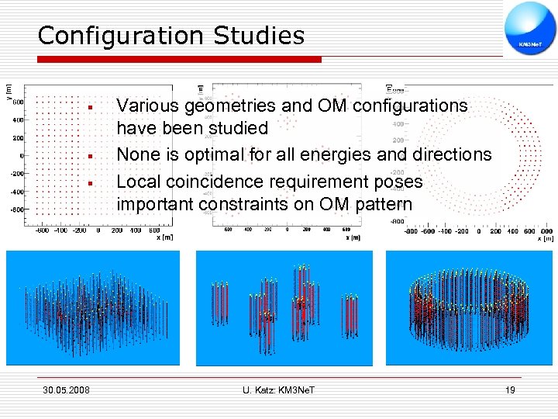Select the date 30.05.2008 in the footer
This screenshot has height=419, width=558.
point(66,390)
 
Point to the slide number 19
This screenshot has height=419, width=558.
point(509,390)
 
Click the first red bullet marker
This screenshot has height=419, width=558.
point(91,106)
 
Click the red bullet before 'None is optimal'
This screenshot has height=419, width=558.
point(91,156)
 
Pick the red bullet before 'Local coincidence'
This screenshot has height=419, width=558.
point(91,183)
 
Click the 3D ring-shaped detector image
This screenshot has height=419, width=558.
point(476,309)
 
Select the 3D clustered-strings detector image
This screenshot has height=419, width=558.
point(284,309)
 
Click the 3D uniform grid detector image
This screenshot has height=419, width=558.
point(93,309)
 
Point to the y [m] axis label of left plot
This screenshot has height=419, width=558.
point(9,92)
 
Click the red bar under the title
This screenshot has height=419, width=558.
point(179,59)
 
